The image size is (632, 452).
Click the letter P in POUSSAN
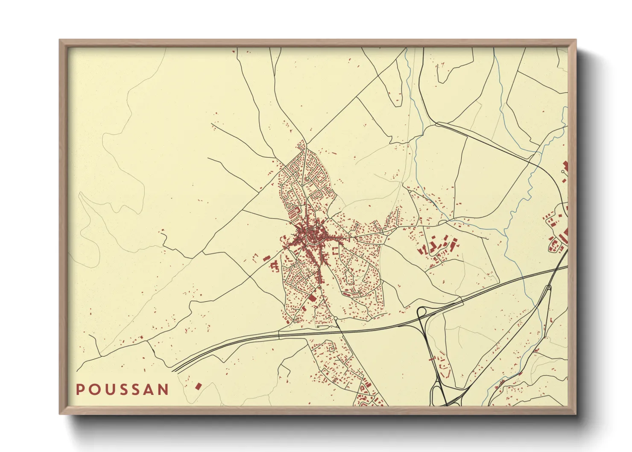[80, 390]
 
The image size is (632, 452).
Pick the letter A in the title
[149, 390]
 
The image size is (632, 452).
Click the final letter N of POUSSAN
[164, 390]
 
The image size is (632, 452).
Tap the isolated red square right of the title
[198, 386]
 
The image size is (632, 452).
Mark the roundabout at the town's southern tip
[336, 318]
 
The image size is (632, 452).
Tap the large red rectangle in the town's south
[312, 297]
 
